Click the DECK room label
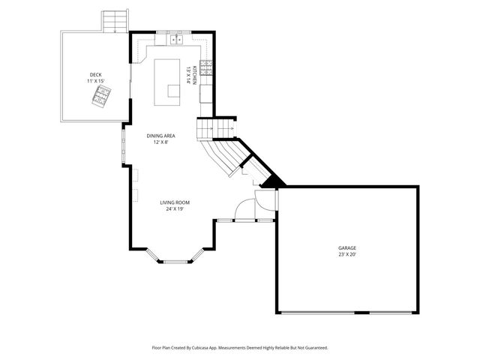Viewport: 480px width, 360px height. point(95,74)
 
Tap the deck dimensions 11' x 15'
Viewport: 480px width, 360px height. point(95,81)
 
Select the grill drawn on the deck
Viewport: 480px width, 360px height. point(100,95)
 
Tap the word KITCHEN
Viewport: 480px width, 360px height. point(194,74)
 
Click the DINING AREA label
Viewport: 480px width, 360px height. point(160,135)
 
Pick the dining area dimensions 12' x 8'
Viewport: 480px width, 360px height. point(160,142)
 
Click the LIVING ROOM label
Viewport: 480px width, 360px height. point(175,202)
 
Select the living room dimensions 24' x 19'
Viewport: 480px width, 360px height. point(175,209)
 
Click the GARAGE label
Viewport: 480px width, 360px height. point(346,247)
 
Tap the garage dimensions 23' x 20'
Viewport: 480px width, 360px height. point(346,254)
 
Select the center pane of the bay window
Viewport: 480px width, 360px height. point(178,261)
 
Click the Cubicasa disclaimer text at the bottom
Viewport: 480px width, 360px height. point(240,348)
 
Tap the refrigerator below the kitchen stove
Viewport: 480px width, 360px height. point(205,92)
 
